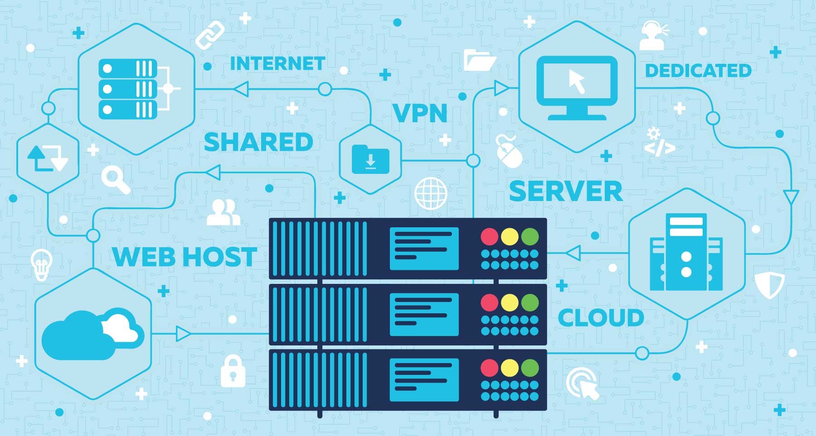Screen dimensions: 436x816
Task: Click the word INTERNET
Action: coord(277,64)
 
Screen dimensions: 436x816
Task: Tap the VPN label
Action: coord(420,113)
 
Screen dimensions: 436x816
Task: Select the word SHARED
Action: coord(258,142)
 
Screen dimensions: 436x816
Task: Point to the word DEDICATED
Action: coord(698,71)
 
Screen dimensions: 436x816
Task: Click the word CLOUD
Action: coord(601,318)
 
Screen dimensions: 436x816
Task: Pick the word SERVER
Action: coord(566,191)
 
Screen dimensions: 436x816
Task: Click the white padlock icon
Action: coord(233,371)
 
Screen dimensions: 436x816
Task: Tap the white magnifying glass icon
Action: coord(115,179)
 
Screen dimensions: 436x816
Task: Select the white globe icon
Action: coord(431,193)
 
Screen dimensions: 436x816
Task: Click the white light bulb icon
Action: coord(41,264)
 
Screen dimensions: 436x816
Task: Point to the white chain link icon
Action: coord(210,35)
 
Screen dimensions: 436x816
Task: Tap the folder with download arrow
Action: coord(370,159)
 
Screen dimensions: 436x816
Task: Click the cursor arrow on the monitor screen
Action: coord(577,81)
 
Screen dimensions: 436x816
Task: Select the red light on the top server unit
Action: coord(489,236)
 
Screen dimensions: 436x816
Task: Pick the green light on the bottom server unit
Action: coord(530,368)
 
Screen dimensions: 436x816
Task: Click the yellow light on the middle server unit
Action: coord(510,302)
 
